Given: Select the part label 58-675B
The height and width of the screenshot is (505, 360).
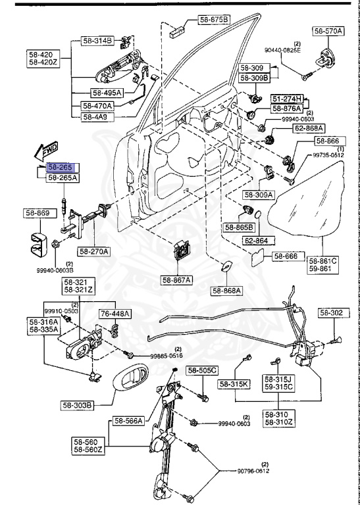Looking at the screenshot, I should coord(214,20).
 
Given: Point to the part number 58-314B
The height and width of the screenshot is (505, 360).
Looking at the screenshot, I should coord(97,41).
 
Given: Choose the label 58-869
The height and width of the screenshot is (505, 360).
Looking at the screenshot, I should coord(38,213).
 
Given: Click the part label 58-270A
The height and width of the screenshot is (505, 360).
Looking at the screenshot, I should coord(94,251).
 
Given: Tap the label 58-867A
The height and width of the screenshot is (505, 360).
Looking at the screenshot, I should coord(176,280).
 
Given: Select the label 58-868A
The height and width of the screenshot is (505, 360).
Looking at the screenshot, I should coord(227,290).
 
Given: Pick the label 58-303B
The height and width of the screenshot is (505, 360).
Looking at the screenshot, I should coord(97,404).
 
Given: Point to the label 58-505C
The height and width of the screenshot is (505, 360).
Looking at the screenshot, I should coord(201,371).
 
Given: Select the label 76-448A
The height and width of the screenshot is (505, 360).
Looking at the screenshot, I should coord(115,314).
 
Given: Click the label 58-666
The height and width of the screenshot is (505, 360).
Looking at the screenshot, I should coord(286,256).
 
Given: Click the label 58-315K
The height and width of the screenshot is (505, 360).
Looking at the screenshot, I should coord(235,385).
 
